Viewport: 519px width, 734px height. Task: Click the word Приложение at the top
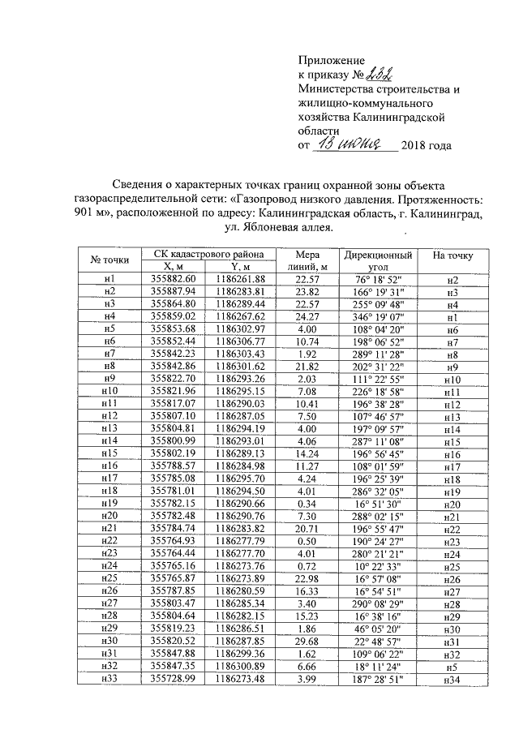(332, 60)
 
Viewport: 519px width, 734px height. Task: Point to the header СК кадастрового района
(207, 254)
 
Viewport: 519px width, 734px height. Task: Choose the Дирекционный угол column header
(377, 260)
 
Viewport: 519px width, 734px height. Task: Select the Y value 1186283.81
(241, 291)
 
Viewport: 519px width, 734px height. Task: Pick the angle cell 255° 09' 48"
(377, 303)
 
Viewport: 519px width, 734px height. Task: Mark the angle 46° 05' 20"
(377, 631)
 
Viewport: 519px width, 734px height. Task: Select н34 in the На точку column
(453, 680)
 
